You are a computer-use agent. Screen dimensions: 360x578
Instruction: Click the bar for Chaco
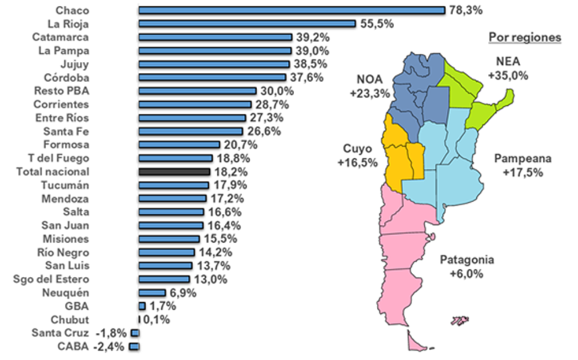tap(292, 10)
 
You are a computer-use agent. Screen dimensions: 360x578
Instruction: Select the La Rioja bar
tap(247, 24)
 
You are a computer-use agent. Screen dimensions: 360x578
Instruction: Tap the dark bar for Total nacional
tap(174, 172)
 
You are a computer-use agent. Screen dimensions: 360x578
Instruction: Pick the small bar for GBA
tap(142, 306)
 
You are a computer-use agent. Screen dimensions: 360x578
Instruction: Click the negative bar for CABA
tap(135, 347)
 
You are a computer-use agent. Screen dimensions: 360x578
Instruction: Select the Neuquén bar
tap(152, 293)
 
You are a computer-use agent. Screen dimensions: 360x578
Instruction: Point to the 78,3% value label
tap(465, 10)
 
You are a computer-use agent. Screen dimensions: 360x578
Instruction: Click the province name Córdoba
tap(66, 77)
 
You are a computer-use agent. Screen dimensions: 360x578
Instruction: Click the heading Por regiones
tap(525, 37)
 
